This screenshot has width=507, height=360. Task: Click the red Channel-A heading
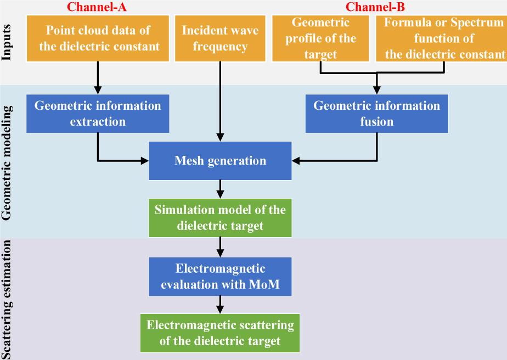click(97, 7)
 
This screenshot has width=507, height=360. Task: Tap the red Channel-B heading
click(376, 7)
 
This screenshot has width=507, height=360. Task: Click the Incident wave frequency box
click(220, 38)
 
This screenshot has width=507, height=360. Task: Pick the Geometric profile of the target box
click(321, 38)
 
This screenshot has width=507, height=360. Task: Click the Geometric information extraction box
click(98, 113)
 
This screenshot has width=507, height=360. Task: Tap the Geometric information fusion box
click(376, 113)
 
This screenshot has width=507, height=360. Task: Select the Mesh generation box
click(220, 161)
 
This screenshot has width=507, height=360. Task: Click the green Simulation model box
click(220, 217)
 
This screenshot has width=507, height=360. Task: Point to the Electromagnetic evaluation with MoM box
click(220, 276)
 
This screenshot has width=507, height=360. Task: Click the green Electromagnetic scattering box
click(220, 333)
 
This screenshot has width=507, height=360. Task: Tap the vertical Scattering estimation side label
click(8, 299)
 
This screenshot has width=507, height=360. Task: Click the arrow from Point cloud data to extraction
click(98, 77)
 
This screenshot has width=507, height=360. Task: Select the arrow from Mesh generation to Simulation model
click(220, 189)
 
